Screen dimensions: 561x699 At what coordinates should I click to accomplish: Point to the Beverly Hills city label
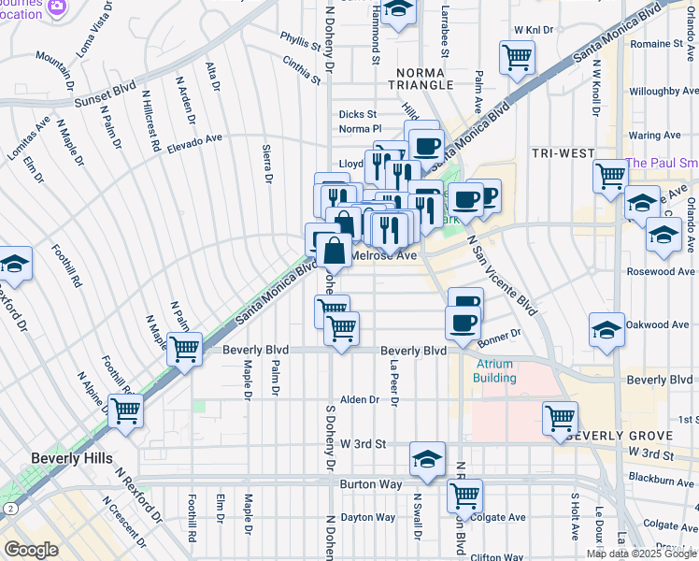click(72, 458)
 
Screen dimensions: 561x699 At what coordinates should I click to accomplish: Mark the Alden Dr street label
click(360, 399)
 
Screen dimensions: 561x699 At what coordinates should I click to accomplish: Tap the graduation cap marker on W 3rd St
click(427, 457)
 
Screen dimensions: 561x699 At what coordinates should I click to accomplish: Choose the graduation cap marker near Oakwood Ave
click(606, 329)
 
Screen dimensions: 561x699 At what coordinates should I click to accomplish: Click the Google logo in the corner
click(31, 550)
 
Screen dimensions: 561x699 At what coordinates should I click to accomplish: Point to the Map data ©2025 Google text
click(641, 554)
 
